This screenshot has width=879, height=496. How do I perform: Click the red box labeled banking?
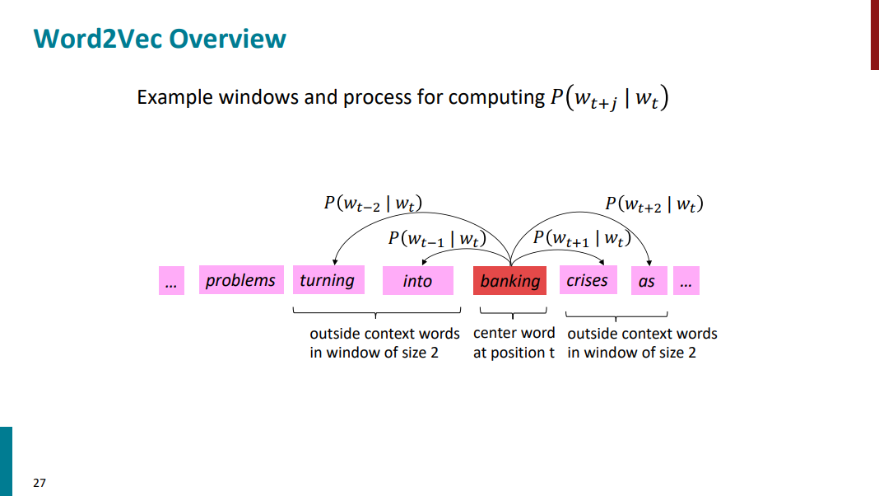(x=510, y=281)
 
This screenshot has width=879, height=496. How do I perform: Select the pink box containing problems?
(x=240, y=280)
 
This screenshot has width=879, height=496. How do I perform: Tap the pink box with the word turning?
(x=328, y=280)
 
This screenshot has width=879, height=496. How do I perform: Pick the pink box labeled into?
(x=417, y=281)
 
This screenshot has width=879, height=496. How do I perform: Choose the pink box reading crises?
(x=587, y=280)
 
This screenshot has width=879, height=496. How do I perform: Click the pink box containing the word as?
(x=647, y=281)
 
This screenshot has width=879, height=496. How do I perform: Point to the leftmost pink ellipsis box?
(x=171, y=281)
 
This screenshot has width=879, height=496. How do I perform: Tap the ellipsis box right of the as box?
(x=686, y=281)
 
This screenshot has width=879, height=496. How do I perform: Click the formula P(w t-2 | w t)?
(x=367, y=204)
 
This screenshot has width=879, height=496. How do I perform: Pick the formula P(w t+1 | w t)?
(x=580, y=238)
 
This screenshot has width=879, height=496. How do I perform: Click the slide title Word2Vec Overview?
(x=160, y=39)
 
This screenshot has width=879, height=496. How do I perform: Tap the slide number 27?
(x=40, y=483)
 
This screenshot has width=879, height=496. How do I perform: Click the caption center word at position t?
(x=514, y=343)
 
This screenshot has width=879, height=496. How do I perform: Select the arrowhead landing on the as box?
(x=650, y=263)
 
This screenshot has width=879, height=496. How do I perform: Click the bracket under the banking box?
(x=513, y=313)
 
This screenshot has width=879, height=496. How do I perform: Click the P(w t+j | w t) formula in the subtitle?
(x=609, y=98)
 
